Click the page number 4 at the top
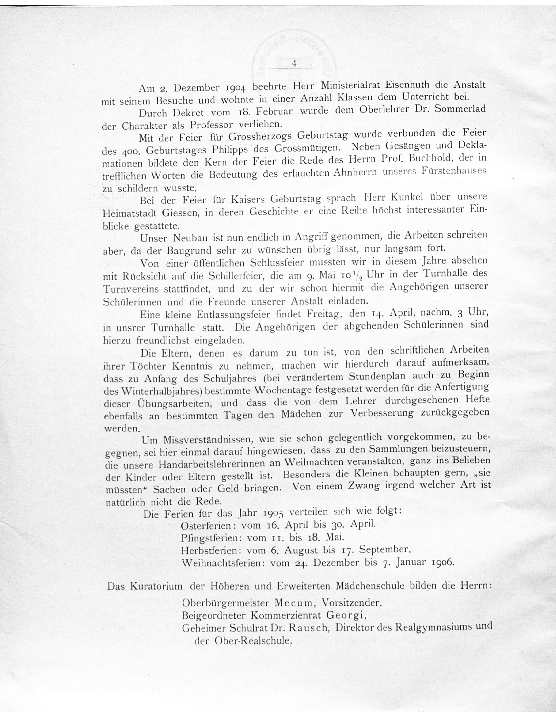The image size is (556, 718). coord(294,64)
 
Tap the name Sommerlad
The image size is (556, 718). coord(460,109)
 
